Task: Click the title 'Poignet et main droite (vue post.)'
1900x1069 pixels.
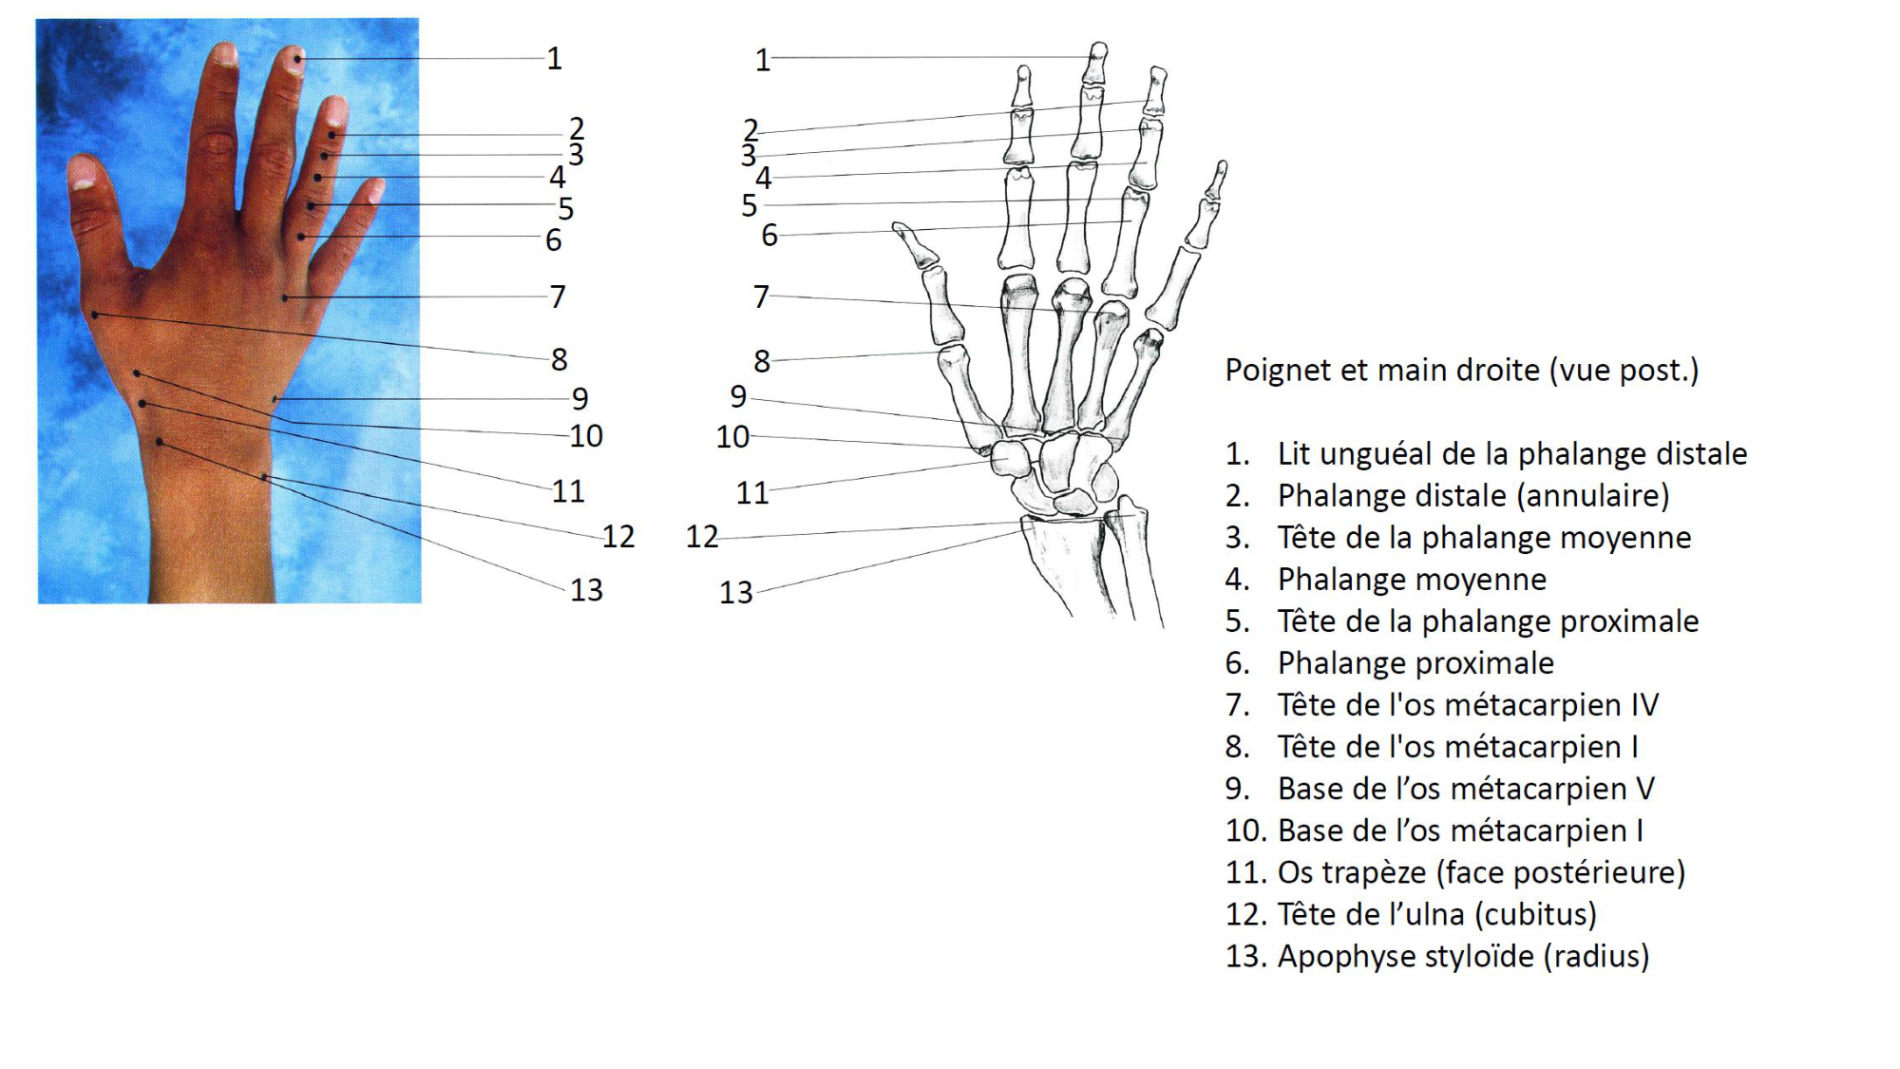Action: pos(1461,370)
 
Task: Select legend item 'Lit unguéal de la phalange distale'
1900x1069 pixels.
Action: pos(1511,454)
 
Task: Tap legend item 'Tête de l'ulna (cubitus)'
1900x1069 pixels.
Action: pos(1436,914)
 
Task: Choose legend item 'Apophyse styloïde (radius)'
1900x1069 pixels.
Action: pos(1463,956)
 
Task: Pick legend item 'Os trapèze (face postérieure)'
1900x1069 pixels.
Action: pos(1481,872)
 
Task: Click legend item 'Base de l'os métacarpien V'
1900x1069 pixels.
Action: pos(1466,789)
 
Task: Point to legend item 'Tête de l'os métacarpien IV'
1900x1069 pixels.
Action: pos(1468,705)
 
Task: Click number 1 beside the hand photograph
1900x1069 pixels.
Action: pos(555,59)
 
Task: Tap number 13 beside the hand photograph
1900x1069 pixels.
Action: pos(586,590)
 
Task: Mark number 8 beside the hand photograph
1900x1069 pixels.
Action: pos(559,359)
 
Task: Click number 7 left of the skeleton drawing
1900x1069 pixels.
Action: pos(760,296)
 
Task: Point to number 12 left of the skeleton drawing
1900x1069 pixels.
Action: pos(702,537)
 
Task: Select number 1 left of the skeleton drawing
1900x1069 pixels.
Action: pos(762,61)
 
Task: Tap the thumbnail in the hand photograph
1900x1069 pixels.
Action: pos(83,173)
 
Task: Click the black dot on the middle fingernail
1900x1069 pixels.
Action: pos(298,60)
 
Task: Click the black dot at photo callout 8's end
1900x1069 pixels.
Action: pos(95,315)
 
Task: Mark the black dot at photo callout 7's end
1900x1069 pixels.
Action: pos(285,298)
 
